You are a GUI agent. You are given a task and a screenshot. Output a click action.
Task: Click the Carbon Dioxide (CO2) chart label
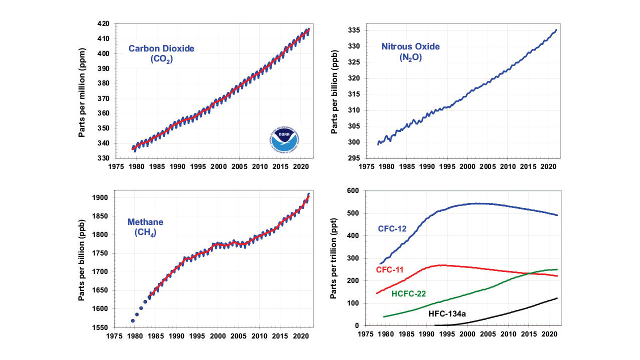click(x=161, y=53)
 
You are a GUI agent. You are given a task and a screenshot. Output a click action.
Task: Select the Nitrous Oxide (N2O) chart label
click(x=410, y=51)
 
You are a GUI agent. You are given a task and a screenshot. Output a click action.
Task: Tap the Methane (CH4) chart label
click(x=145, y=227)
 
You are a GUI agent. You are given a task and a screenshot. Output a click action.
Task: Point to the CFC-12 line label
click(x=391, y=229)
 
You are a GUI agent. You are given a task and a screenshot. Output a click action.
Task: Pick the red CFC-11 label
click(x=390, y=270)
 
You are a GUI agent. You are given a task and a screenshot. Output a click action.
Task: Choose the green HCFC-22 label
click(x=409, y=293)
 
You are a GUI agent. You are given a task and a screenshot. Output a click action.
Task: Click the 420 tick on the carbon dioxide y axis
click(x=104, y=23)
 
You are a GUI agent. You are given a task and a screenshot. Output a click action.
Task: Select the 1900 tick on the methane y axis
click(x=101, y=197)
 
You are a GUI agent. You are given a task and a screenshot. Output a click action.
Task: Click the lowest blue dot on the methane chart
click(x=133, y=320)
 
